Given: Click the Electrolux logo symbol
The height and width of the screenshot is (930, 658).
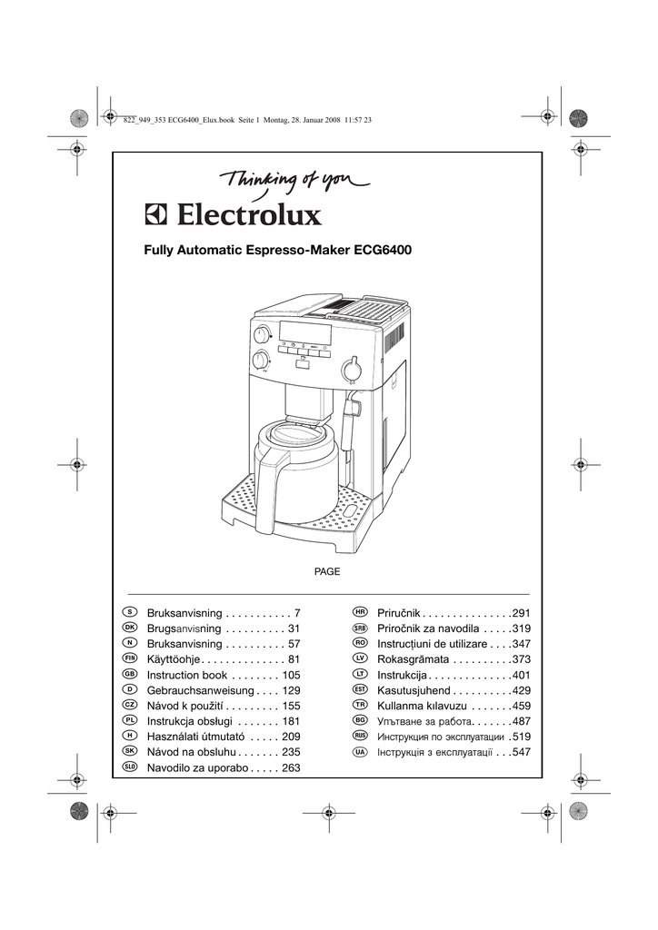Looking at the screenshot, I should coord(155,215).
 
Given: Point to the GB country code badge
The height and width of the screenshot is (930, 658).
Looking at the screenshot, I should coord(130,675).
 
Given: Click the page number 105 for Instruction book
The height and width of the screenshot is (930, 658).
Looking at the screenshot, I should coord(291,676).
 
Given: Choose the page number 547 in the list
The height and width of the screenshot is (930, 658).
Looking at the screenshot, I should coord(521,753).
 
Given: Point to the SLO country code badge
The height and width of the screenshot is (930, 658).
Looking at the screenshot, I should coord(130,767).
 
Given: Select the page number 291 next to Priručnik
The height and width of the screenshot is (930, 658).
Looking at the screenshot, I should coord(521,614).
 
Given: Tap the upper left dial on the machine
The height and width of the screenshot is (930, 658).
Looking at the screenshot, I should coord(261,335).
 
